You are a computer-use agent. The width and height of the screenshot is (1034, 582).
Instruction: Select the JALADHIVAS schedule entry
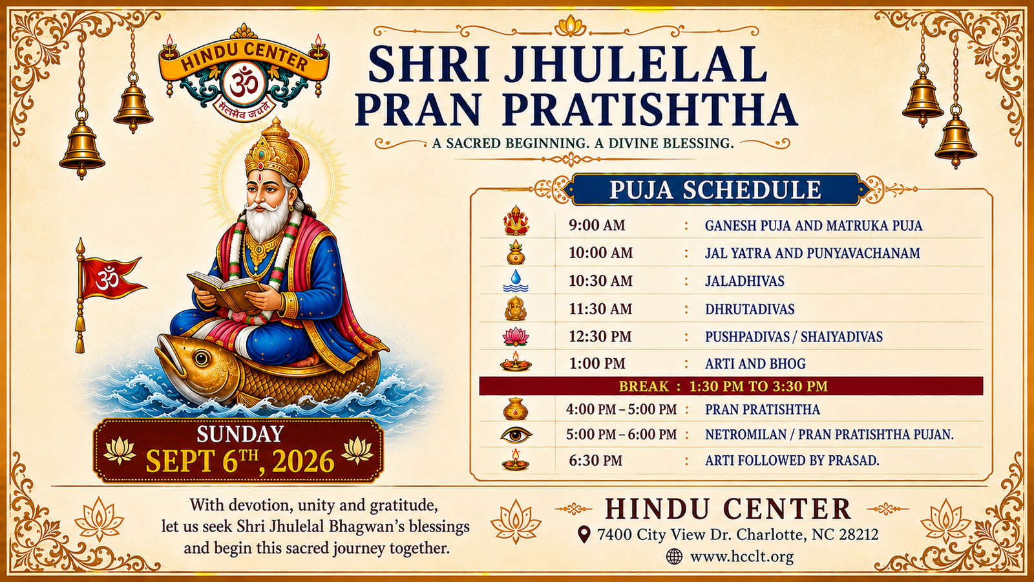[744, 281]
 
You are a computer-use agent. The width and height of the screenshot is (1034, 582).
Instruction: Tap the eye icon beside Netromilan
[516, 435]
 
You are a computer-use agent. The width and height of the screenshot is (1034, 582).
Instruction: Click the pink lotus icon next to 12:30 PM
[516, 336]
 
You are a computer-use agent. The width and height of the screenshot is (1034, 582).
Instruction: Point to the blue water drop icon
[516, 281]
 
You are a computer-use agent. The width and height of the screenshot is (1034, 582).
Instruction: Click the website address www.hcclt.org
[742, 557]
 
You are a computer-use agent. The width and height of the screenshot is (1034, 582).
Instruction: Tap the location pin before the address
[584, 535]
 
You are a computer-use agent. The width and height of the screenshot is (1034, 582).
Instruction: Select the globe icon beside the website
[675, 557]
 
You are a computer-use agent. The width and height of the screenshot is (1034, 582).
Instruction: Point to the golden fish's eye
[201, 358]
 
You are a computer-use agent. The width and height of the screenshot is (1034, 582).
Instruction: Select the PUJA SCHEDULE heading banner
[715, 189]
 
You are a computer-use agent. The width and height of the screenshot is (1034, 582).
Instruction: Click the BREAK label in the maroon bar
[644, 386]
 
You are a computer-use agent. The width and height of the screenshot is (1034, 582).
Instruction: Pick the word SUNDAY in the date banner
[240, 434]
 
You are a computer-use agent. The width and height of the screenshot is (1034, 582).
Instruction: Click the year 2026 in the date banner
[303, 461]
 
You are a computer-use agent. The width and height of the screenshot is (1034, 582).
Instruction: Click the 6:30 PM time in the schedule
[595, 460]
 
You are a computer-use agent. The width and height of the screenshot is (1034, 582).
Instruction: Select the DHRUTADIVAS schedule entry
[750, 308]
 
